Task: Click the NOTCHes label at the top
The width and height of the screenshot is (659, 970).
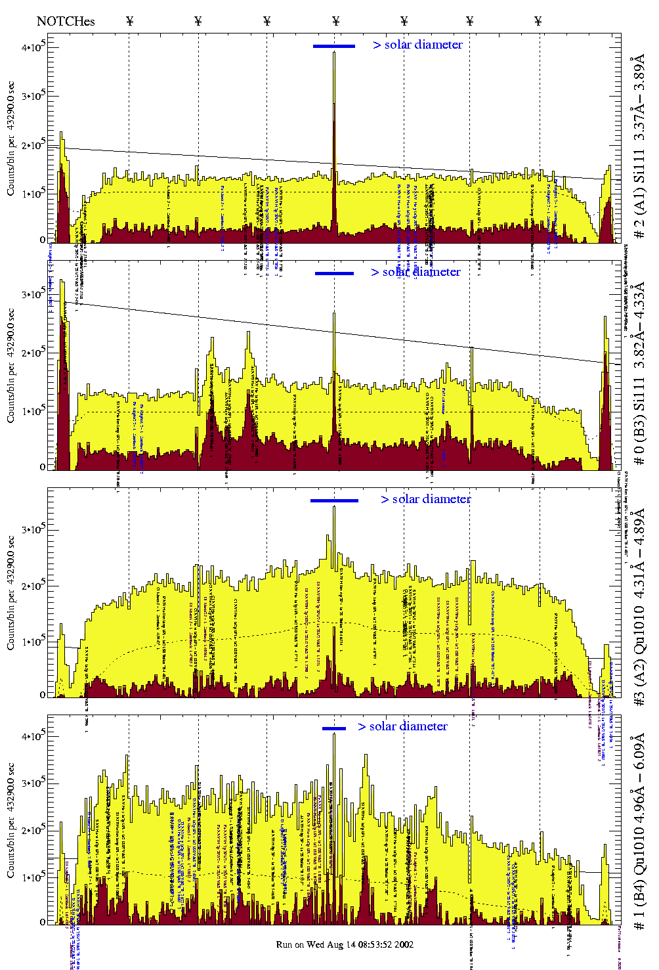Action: click(x=66, y=22)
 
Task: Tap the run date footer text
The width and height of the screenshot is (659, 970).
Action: click(x=345, y=944)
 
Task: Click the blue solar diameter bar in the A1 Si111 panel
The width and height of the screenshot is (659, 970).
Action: click(x=334, y=46)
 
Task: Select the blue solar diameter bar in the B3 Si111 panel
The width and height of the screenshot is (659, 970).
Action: click(x=334, y=273)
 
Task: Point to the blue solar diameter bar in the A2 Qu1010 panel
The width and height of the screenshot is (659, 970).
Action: click(x=334, y=500)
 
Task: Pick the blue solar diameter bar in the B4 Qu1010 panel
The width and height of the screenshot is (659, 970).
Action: click(x=334, y=728)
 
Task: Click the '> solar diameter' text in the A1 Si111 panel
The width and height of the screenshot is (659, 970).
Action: click(x=418, y=45)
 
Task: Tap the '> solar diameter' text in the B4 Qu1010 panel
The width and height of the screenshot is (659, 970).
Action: click(x=403, y=726)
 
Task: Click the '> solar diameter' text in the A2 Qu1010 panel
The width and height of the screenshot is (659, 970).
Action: click(x=426, y=499)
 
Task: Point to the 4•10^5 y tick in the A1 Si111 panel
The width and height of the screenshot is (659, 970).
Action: click(x=33, y=47)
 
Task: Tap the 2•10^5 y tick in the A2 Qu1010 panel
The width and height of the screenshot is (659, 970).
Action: click(x=33, y=586)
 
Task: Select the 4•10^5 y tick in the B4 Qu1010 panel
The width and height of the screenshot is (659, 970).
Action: click(x=33, y=736)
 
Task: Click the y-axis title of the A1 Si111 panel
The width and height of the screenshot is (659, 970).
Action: click(x=11, y=139)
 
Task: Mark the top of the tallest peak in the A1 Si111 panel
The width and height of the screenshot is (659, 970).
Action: click(x=334, y=53)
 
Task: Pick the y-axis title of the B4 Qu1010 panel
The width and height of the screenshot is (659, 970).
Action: click(x=11, y=821)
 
